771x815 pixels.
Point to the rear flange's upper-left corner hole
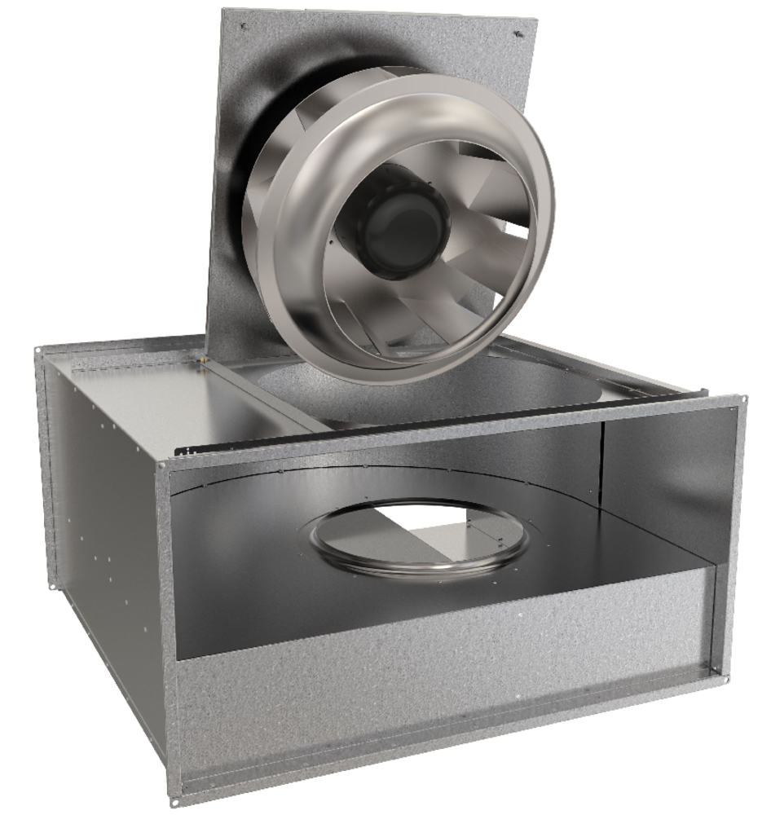tap(38, 349)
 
